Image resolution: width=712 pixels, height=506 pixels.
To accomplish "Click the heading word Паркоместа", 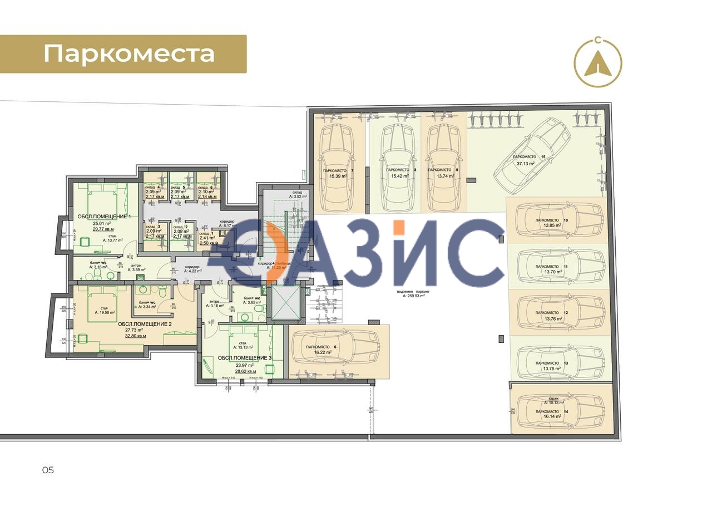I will pos(129,54).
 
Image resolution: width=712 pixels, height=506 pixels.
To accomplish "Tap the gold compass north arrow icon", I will pos(597,63).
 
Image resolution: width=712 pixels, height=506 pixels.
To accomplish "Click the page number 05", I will pos(48,470).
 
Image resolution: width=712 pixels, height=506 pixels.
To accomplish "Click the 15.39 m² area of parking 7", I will pos(338,176).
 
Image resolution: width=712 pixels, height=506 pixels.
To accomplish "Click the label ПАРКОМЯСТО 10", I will pos(551,220).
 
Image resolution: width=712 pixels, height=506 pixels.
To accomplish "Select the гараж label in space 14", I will pos(553,399).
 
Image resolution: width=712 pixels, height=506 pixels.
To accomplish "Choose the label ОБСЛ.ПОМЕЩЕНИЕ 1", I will pos(104,217).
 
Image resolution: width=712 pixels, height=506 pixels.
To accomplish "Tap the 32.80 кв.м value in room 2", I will pos(135,336).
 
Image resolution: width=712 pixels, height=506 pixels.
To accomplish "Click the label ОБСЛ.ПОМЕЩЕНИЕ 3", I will pos(244,358).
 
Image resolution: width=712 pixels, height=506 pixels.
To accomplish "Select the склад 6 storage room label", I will pos(205,188).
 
